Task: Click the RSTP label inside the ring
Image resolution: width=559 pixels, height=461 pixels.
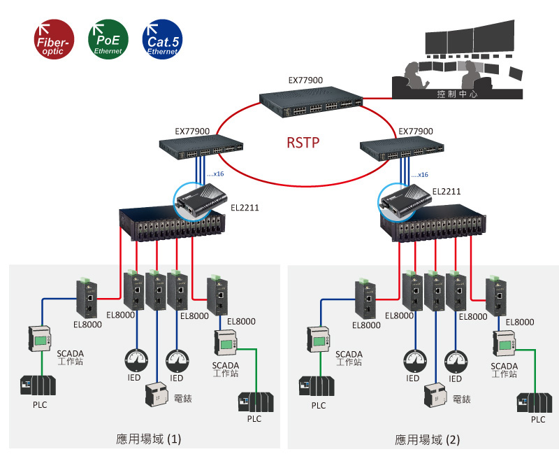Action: tap(303, 143)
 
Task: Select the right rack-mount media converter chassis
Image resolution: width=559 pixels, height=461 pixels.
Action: tap(433, 222)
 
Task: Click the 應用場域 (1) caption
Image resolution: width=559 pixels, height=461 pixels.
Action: tap(148, 439)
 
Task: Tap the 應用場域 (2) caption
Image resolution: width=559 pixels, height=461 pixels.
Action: tap(428, 440)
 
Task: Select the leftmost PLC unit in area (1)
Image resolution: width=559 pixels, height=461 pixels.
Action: tap(38, 385)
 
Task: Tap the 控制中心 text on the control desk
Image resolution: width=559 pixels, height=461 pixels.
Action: tap(457, 93)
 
